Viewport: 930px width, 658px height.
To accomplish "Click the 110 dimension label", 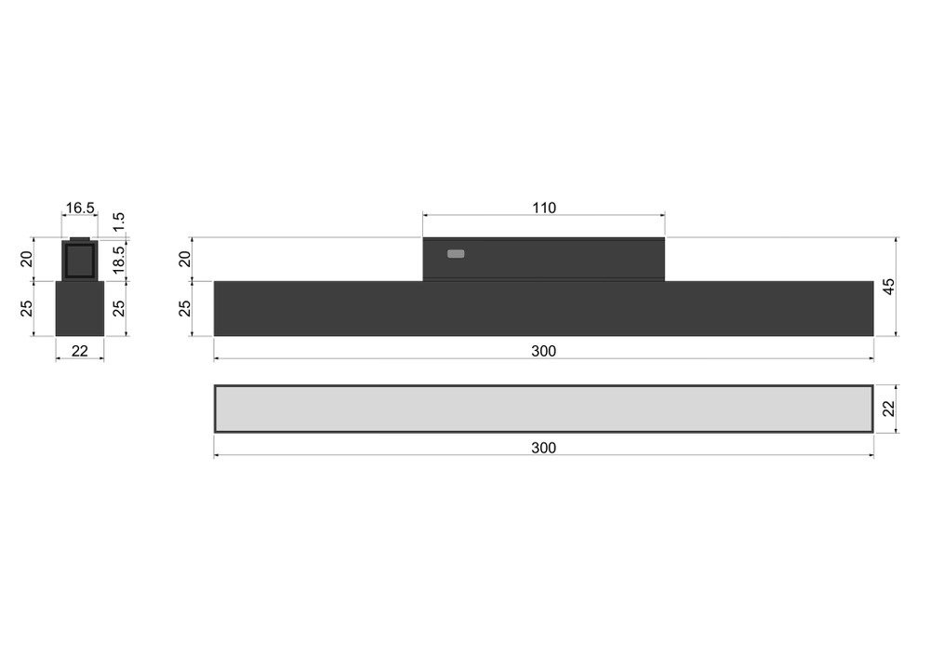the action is [544, 208].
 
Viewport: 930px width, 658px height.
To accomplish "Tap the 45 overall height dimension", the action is [888, 287].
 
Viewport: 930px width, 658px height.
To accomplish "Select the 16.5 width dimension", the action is [80, 208].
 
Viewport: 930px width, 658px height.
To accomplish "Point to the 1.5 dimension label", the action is [119, 222].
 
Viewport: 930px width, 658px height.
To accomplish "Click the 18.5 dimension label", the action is [119, 260].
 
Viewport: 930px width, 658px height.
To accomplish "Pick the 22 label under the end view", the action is [79, 351].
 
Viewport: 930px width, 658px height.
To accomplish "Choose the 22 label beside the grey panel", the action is [888, 409].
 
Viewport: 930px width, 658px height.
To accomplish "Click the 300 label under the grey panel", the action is [543, 448].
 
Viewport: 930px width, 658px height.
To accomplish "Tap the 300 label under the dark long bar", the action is [543, 351].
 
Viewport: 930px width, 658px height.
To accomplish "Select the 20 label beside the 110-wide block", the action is [185, 260].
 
